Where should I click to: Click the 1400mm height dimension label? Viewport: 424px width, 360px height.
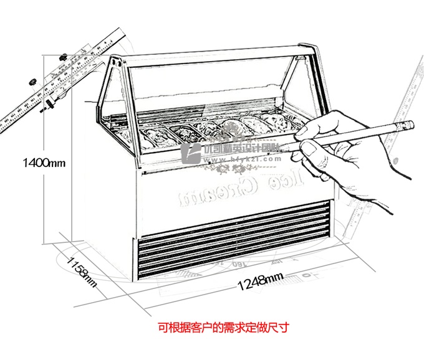(44, 163)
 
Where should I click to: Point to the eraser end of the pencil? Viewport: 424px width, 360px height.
(406, 125)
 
